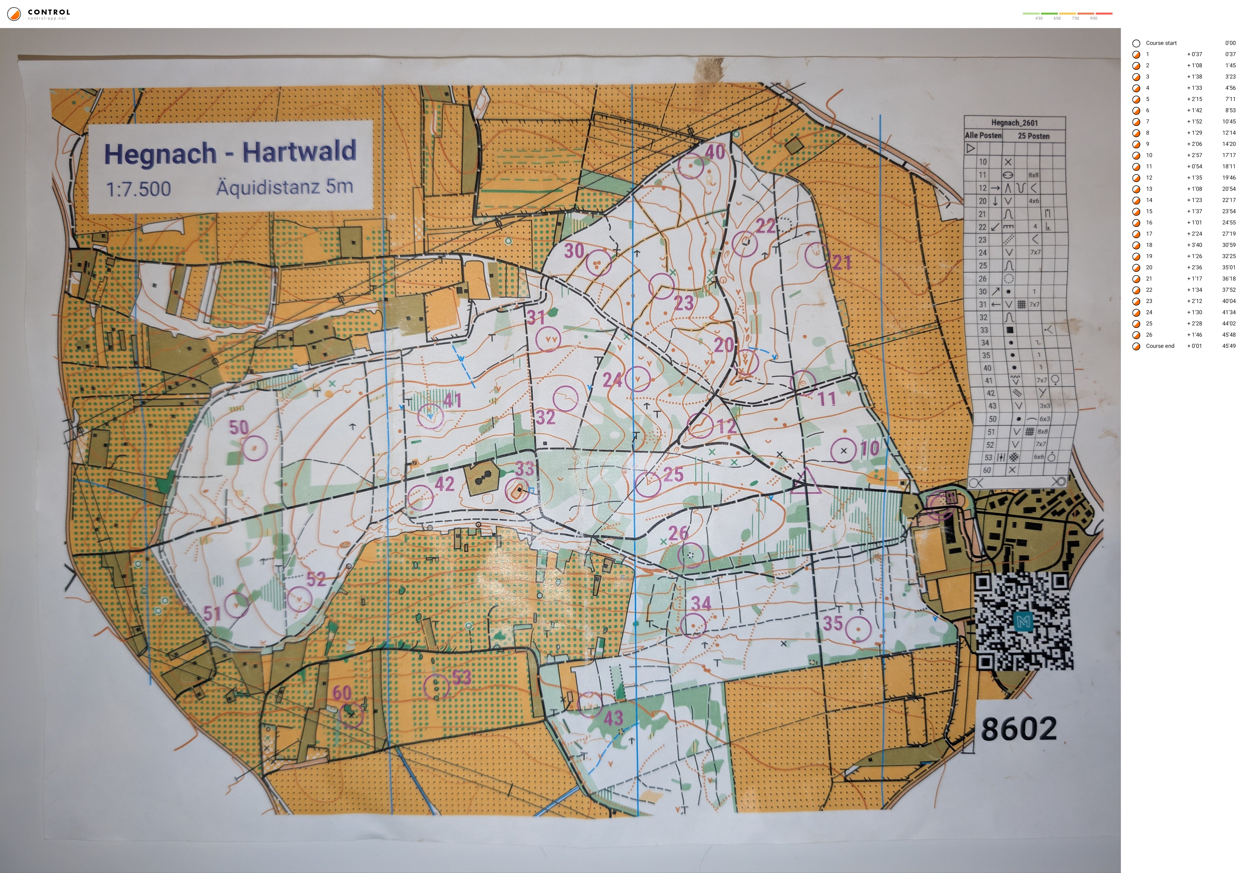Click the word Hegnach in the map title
point(160,154)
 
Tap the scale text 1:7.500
point(138,189)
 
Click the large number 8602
point(1019,729)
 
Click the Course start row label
point(1161,43)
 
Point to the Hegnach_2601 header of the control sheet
point(1014,123)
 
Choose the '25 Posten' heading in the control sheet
point(1033,136)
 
